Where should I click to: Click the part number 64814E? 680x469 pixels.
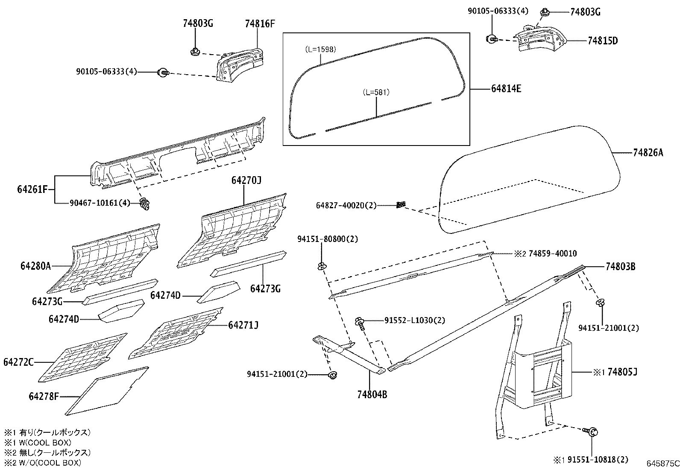(x=506, y=89)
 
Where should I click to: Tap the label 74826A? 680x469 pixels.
(x=648, y=153)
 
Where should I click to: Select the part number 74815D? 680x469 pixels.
(x=603, y=41)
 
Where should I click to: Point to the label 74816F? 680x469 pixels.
(x=260, y=23)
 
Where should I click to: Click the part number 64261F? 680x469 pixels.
(x=32, y=189)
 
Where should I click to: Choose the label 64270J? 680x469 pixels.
(x=246, y=181)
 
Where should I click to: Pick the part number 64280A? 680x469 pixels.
(x=35, y=266)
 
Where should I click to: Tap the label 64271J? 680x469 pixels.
(x=243, y=325)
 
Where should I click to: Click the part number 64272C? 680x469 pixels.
(x=18, y=362)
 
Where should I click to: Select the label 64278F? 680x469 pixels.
(x=44, y=396)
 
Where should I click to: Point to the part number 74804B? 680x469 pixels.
(x=372, y=394)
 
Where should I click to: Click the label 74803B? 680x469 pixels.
(x=621, y=267)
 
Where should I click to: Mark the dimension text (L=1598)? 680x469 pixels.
(x=321, y=49)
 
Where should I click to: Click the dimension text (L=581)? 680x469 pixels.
(x=376, y=92)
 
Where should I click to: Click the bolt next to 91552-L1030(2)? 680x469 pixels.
(x=361, y=324)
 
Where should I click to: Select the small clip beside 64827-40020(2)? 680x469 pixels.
(x=401, y=205)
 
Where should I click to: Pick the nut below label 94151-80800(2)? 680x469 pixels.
(x=322, y=266)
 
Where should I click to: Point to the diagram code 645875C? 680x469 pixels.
(x=663, y=463)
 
